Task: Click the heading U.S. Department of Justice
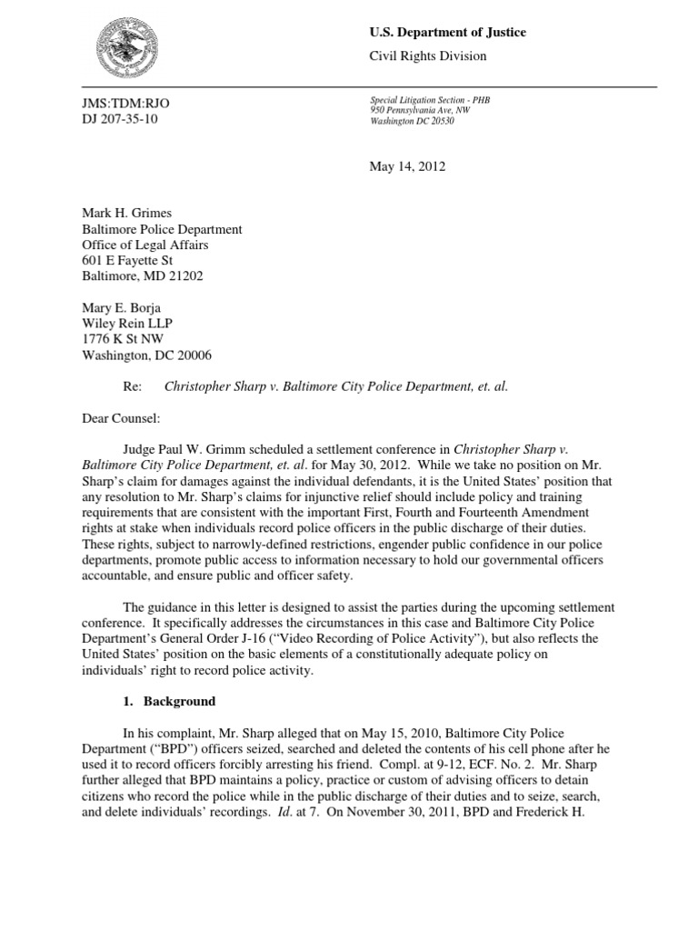click(447, 33)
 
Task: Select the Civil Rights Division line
click(427, 56)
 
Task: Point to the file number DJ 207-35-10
click(120, 119)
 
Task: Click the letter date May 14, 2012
click(407, 166)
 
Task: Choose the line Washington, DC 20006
click(148, 355)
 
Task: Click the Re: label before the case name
click(133, 386)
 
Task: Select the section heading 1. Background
click(169, 702)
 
